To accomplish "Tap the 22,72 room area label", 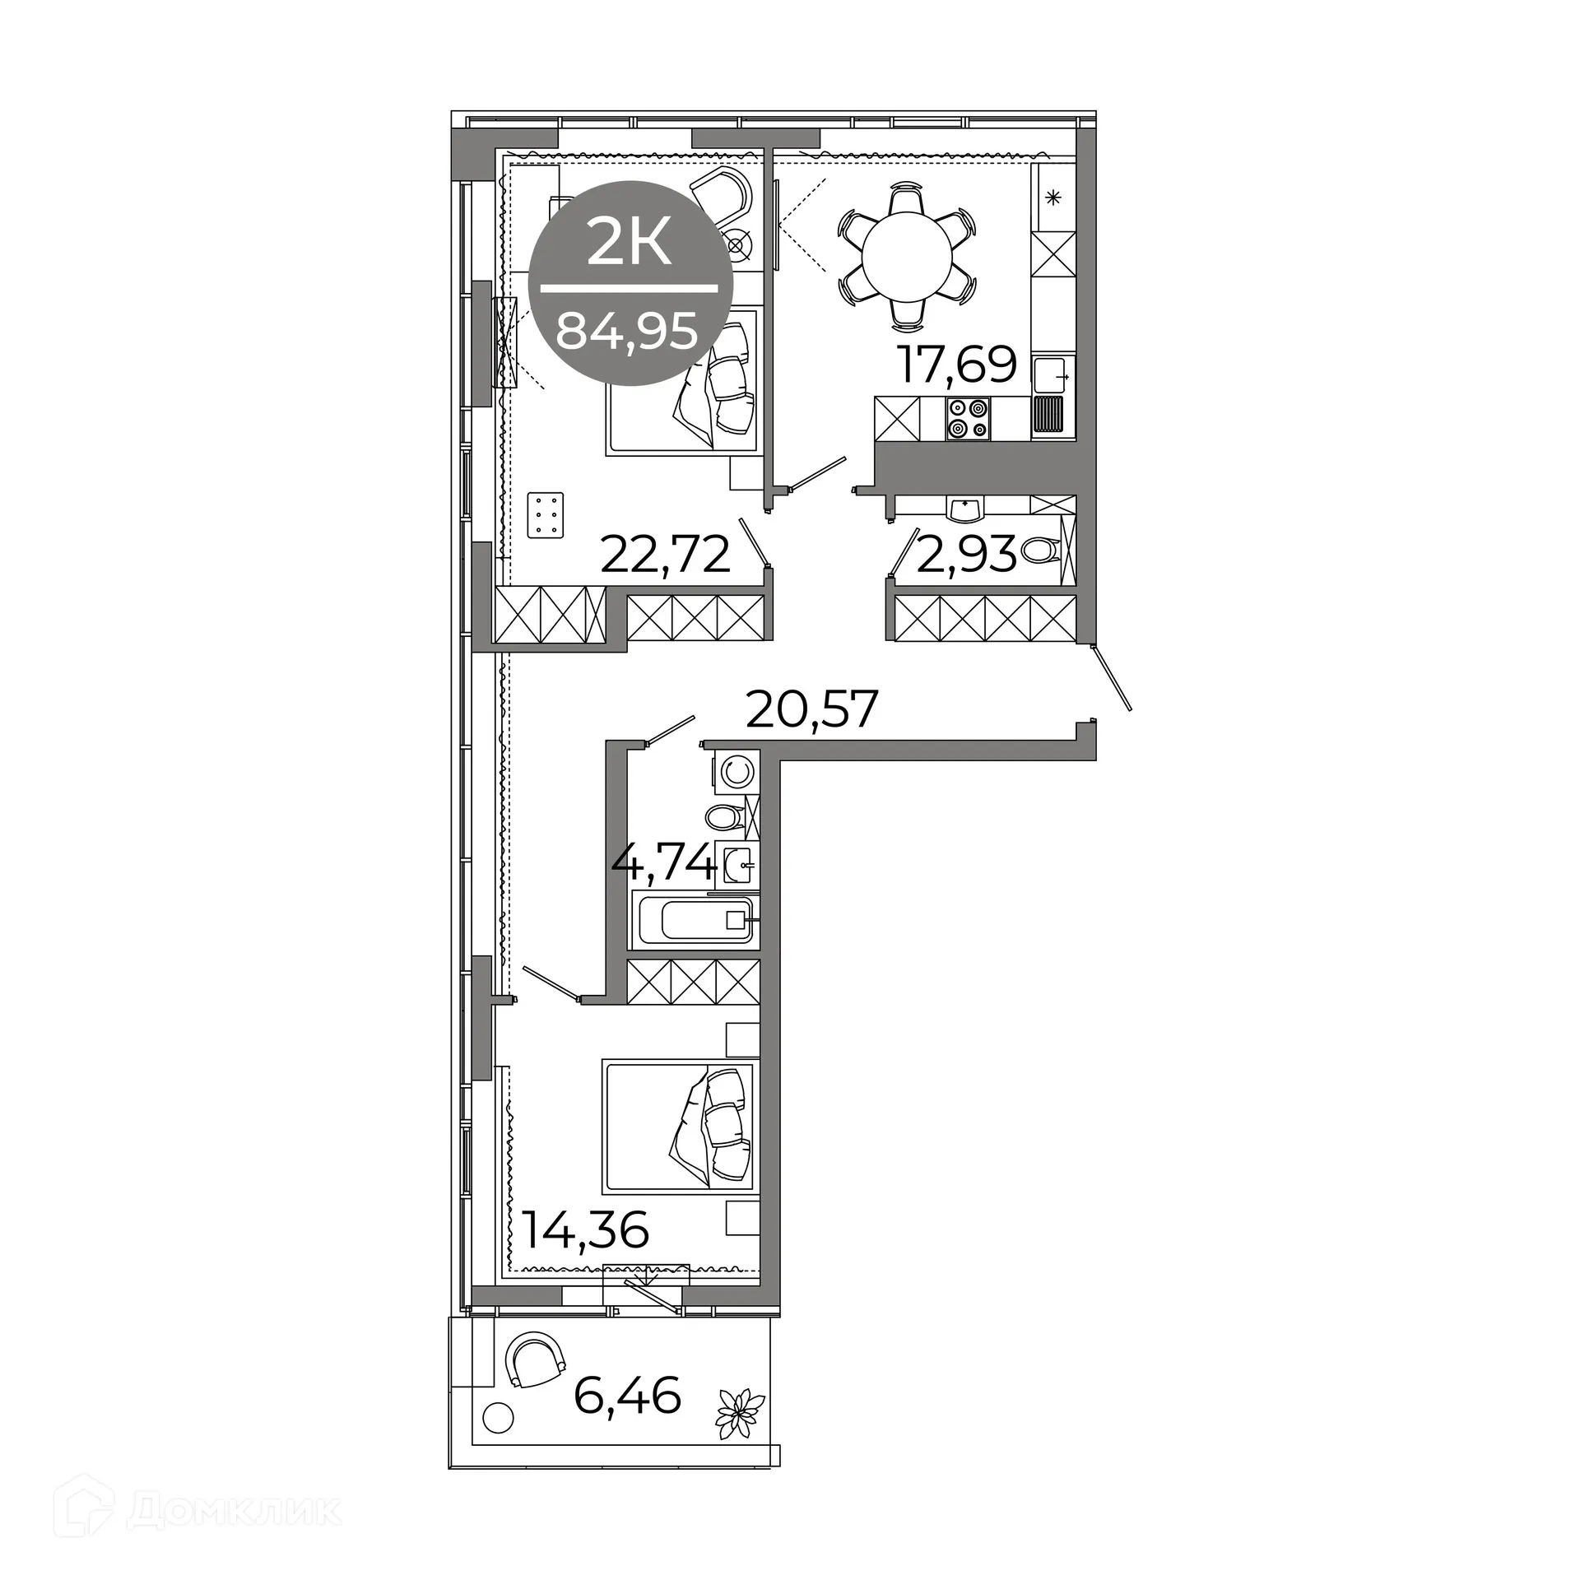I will (x=665, y=554).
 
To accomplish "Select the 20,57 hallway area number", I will (x=811, y=709).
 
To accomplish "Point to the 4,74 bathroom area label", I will (x=663, y=864).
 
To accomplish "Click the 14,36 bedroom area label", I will (x=586, y=1253).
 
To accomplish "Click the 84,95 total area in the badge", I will (x=627, y=332).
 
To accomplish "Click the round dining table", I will (x=906, y=255).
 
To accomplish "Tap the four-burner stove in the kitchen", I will (x=968, y=418).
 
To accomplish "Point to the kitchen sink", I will (x=1053, y=377).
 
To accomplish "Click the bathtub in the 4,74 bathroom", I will (x=695, y=919).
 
